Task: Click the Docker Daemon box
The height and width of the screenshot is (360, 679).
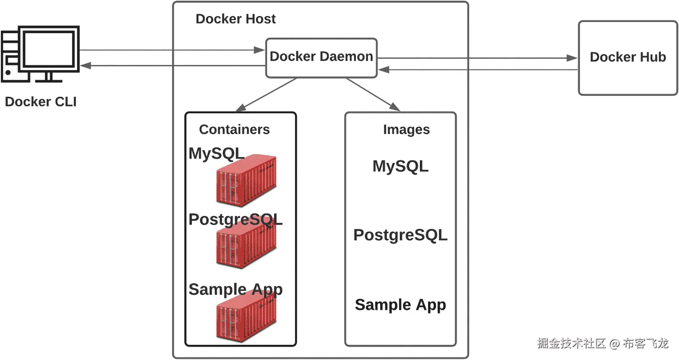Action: pyautogui.click(x=321, y=57)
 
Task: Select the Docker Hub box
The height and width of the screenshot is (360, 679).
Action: pyautogui.click(x=628, y=58)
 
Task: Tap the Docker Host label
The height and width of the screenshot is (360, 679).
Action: pyautogui.click(x=236, y=19)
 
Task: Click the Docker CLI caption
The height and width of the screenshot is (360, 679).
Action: pyautogui.click(x=41, y=101)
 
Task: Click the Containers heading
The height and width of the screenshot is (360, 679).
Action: pyautogui.click(x=234, y=129)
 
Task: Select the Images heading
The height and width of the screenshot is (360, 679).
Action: pyautogui.click(x=406, y=130)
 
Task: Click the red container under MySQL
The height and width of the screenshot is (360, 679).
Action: pyautogui.click(x=246, y=180)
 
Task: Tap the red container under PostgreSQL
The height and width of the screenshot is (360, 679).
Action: pyautogui.click(x=246, y=246)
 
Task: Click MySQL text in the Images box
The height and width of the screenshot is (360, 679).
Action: pyautogui.click(x=400, y=166)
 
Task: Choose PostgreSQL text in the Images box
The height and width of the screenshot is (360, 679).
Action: pyautogui.click(x=400, y=235)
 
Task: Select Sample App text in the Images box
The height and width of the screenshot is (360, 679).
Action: pyautogui.click(x=400, y=305)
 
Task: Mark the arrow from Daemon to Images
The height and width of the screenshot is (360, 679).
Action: pyautogui.click(x=373, y=95)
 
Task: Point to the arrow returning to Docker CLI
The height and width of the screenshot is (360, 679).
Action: pyautogui.click(x=173, y=66)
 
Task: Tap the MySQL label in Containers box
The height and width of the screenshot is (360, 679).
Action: pyautogui.click(x=216, y=154)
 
